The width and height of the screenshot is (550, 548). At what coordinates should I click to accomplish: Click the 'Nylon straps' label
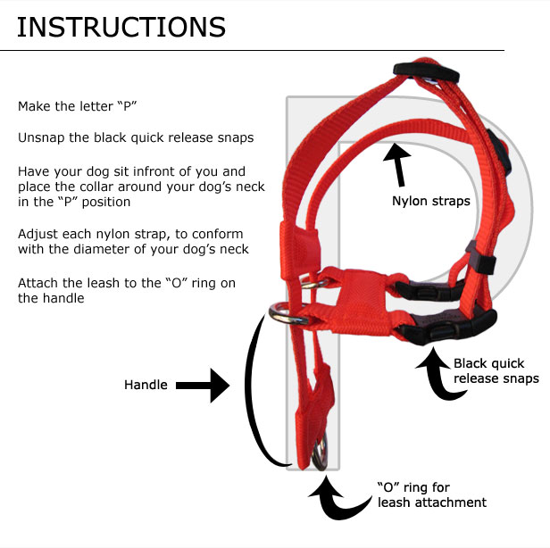(431, 201)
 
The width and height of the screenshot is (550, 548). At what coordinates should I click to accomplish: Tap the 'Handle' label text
(146, 386)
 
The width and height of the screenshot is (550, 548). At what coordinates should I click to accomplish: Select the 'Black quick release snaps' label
(496, 371)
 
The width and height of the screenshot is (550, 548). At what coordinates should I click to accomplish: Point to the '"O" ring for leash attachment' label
(431, 494)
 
